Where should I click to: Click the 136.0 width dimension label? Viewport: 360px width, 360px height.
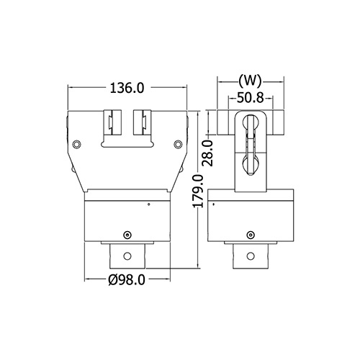(127, 88)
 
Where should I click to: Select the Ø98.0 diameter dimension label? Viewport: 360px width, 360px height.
(127, 279)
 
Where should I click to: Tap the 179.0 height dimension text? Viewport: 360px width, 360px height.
(199, 192)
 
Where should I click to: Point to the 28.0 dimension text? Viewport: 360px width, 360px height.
(207, 153)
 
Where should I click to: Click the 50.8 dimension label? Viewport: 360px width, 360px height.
(251, 98)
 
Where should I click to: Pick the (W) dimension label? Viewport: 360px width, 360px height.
(250, 81)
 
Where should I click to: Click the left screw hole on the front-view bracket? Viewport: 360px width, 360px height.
(76, 144)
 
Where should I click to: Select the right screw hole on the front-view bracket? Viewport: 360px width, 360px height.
(178, 144)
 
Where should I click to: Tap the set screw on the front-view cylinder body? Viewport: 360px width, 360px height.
(127, 235)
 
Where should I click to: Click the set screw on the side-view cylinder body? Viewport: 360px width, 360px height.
(251, 235)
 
